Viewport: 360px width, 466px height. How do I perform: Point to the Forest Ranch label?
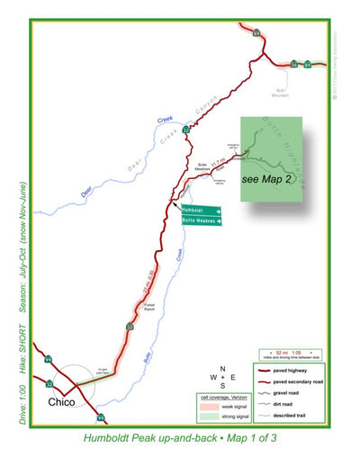150,304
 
